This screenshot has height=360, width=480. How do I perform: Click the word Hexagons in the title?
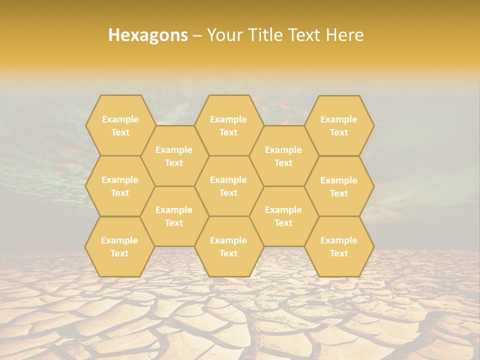point(148,35)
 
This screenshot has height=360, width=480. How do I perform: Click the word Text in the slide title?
point(305,35)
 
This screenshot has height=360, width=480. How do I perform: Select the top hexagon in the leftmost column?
point(120,125)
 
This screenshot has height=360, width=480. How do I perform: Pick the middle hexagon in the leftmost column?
point(120,186)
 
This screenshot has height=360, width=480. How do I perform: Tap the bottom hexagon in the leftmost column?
point(119,246)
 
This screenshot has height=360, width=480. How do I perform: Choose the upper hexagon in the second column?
point(174,156)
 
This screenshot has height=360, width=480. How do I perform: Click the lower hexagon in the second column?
point(174,216)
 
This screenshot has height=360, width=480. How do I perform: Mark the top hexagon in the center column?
point(228,125)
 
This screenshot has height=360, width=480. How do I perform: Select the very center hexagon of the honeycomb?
point(228,186)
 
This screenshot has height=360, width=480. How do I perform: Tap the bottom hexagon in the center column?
point(228,246)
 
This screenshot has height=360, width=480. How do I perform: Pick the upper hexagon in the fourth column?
point(283,156)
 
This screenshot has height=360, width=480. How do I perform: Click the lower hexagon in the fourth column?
point(283,216)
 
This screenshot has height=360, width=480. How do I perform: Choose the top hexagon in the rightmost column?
point(339,125)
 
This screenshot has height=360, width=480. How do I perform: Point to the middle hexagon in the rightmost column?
point(339,186)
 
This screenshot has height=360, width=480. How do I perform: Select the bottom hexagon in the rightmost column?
point(339,246)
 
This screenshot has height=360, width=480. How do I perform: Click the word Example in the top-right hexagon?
point(339,119)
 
